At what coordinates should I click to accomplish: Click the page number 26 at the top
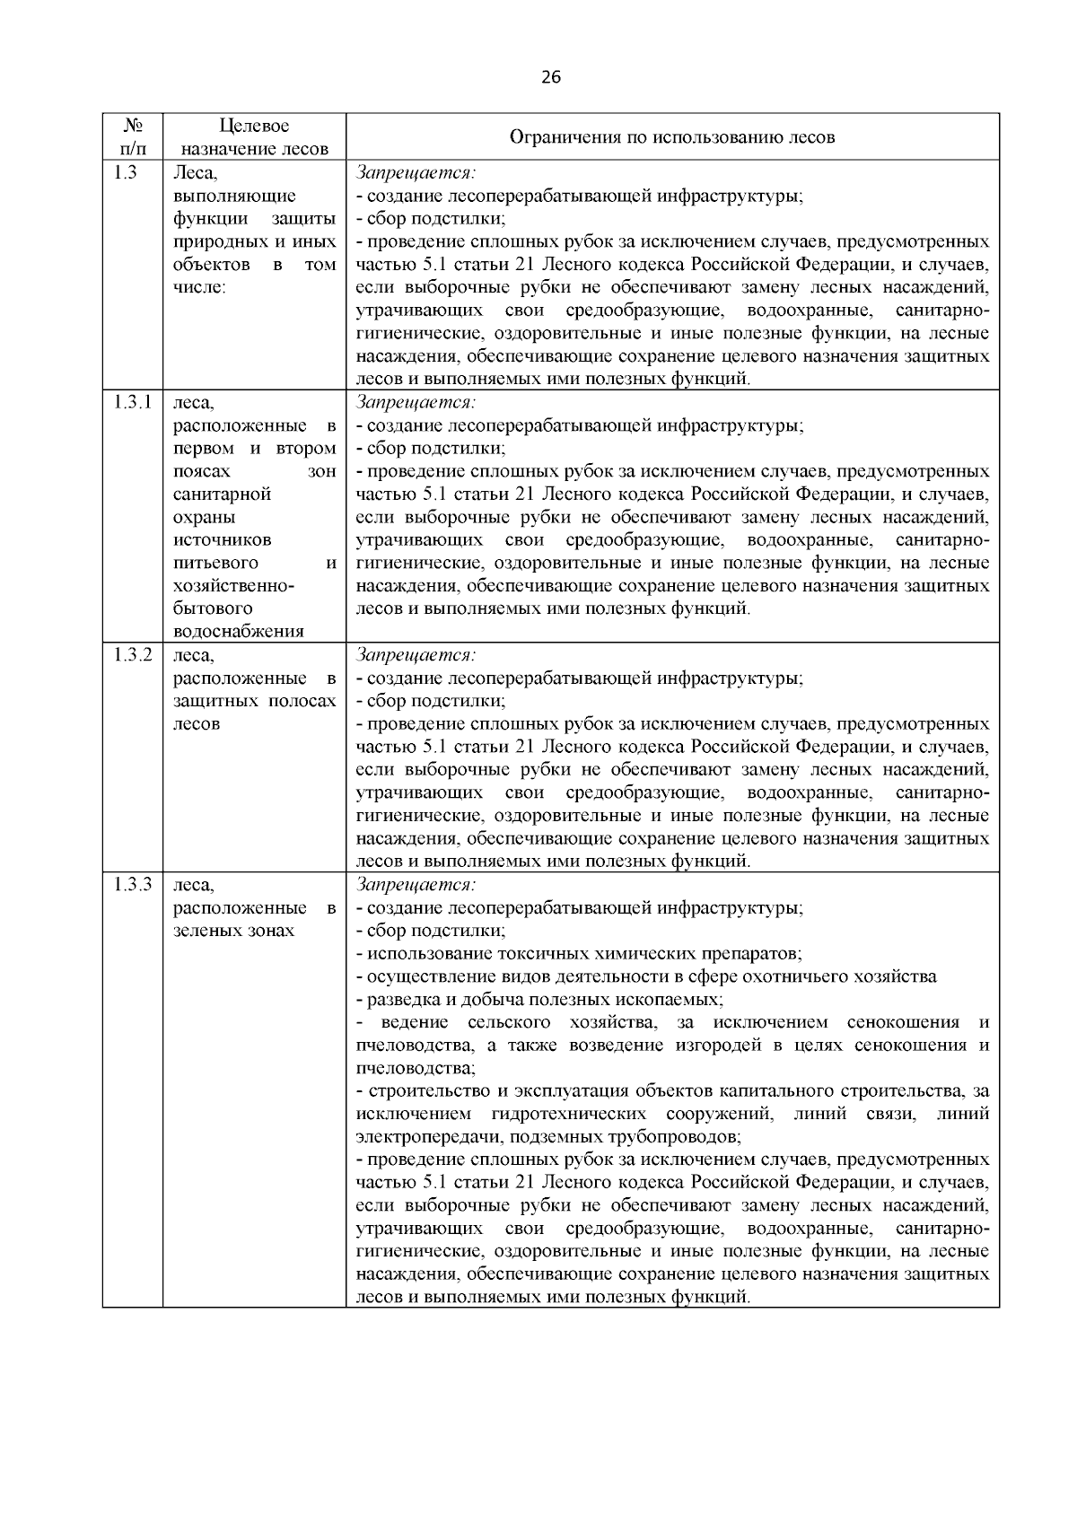pyautogui.click(x=551, y=77)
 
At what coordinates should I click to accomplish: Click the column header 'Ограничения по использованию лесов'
pyautogui.click(x=672, y=137)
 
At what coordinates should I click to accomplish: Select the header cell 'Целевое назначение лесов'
pyautogui.click(x=254, y=137)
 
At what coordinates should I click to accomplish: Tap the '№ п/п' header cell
pyautogui.click(x=132, y=137)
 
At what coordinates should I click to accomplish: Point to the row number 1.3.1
pyautogui.click(x=132, y=402)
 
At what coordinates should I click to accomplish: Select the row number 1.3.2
pyautogui.click(x=132, y=654)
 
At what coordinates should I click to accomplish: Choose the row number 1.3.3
pyautogui.click(x=132, y=884)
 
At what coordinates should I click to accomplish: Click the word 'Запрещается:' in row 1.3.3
pyautogui.click(x=416, y=884)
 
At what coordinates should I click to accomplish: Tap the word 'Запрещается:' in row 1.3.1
pyautogui.click(x=416, y=402)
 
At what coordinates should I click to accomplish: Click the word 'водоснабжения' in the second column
pyautogui.click(x=238, y=631)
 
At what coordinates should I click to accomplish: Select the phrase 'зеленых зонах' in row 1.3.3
pyautogui.click(x=233, y=931)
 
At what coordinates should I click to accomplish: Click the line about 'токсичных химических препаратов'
pyautogui.click(x=579, y=953)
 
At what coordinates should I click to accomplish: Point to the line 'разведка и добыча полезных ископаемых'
pyautogui.click(x=539, y=999)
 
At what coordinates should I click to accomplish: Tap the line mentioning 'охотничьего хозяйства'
pyautogui.click(x=646, y=976)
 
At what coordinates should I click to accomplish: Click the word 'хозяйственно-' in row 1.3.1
pyautogui.click(x=233, y=585)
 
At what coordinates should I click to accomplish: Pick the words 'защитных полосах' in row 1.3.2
pyautogui.click(x=254, y=701)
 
